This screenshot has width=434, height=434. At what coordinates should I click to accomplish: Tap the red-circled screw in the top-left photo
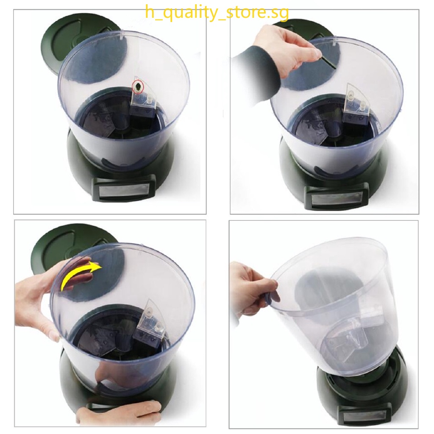(x=137, y=87)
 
